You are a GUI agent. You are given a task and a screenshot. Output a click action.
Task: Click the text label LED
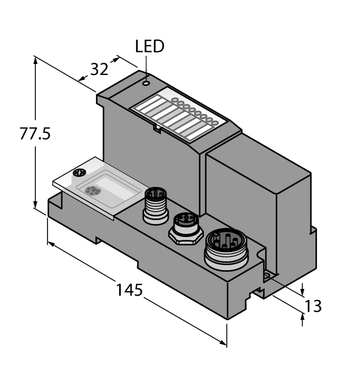pyautogui.click(x=149, y=46)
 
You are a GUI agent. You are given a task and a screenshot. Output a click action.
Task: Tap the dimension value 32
pyautogui.click(x=99, y=69)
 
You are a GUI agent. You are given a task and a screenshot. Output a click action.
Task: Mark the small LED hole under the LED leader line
pyautogui.click(x=146, y=84)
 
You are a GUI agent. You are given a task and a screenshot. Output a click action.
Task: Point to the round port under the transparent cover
pyautogui.click(x=92, y=191)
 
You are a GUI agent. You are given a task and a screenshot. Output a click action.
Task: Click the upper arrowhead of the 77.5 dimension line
pyautogui.click(x=36, y=60)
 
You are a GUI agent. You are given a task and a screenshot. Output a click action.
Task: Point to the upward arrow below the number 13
pyautogui.click(x=302, y=317)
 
